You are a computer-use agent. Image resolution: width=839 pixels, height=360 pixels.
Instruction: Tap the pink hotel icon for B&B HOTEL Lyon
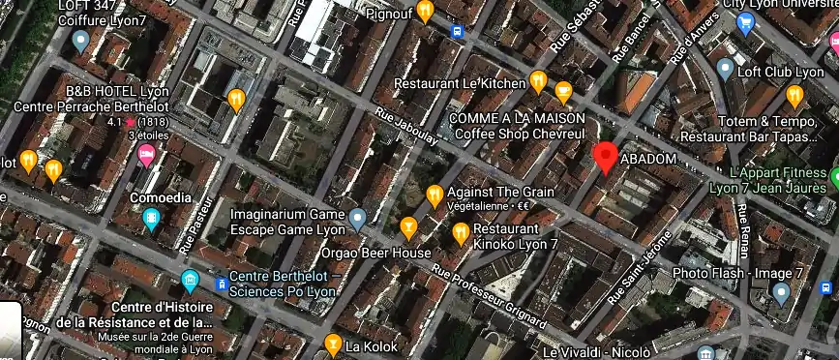coord(147,155)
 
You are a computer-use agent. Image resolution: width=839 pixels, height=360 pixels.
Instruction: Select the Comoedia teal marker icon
coord(151,220)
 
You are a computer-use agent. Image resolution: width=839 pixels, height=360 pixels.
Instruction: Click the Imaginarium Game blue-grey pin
coord(358,218)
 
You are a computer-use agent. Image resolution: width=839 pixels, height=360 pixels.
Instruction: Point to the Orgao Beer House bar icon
coord(408,228)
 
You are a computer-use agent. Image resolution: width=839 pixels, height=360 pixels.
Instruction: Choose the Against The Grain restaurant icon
coord(435,195)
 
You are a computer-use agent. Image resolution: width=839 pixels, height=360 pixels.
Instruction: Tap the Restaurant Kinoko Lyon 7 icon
coord(461,232)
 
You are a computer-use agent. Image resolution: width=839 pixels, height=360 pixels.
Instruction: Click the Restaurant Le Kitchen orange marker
coord(538,81)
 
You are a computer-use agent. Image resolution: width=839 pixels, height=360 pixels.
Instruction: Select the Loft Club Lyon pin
coord(725,68)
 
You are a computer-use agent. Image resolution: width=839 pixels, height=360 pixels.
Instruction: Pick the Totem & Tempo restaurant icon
coord(794,96)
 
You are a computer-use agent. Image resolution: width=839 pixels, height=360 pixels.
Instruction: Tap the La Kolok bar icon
coord(333,344)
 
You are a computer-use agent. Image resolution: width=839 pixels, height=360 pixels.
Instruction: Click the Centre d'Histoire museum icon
coord(190,282)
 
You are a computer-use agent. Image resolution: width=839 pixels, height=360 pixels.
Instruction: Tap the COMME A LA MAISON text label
coord(502,116)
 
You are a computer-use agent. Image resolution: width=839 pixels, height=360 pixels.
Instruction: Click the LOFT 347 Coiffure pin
coord(81,41)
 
